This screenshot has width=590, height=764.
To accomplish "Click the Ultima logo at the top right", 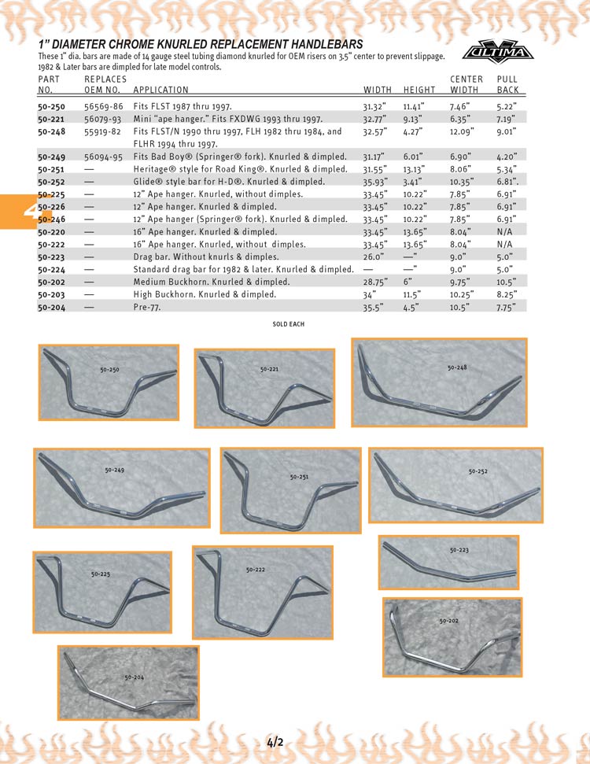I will click(496, 52).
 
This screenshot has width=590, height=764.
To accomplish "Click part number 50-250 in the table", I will click(52, 105).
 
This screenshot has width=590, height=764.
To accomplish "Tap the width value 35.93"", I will click(378, 182).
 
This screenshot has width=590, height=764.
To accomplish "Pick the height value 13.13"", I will click(414, 169).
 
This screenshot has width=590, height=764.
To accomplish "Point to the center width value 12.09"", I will click(463, 132).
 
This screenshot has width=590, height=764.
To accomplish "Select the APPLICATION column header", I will click(160, 90).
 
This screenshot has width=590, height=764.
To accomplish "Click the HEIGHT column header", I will click(419, 90).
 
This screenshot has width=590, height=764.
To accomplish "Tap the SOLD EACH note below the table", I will click(289, 324).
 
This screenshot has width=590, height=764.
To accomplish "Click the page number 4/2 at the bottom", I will click(275, 742).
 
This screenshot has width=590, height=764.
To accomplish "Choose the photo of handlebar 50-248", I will click(439, 382).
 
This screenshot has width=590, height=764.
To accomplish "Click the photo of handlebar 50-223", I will click(448, 562).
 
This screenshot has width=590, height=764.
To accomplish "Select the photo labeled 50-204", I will click(128, 683).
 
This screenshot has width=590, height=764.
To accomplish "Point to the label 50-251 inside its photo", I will click(299, 477).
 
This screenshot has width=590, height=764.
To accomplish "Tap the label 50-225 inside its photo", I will click(100, 574).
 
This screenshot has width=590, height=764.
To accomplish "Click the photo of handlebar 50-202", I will click(452, 637).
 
